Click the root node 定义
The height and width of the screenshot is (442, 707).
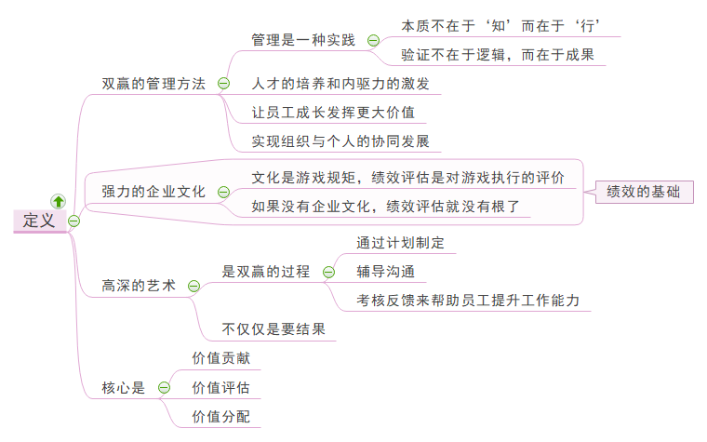pos(39,221)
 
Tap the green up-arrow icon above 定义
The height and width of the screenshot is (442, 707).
pos(58,200)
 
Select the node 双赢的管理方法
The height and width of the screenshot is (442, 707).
pos(153,83)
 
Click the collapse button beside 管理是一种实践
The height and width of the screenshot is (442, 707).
pos(373,40)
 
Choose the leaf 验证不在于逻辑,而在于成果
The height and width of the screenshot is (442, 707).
pos(497,55)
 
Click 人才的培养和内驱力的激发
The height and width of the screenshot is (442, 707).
pos(340,83)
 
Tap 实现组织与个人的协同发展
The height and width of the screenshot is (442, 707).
pos(340,141)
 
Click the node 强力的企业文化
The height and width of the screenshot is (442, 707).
pos(153,192)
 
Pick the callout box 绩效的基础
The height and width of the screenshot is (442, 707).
pos(643,192)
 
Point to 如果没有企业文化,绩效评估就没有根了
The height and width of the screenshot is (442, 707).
pos(385,207)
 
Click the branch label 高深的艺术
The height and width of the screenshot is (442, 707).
pos(139,286)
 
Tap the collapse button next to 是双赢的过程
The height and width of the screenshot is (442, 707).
pos(328,272)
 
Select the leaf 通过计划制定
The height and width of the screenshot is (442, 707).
pos(400,243)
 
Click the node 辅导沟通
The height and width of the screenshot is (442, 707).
pos(385,272)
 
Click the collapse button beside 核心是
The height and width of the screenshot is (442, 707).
pos(164,387)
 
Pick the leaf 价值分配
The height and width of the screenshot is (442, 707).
pos(220,416)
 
